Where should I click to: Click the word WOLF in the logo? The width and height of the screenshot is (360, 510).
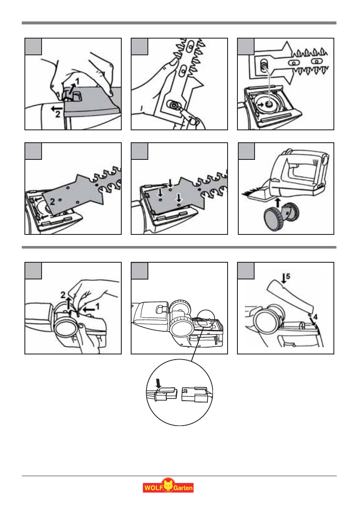pos(151,487)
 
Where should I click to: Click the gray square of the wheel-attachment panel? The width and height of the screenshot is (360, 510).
pos(246,151)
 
